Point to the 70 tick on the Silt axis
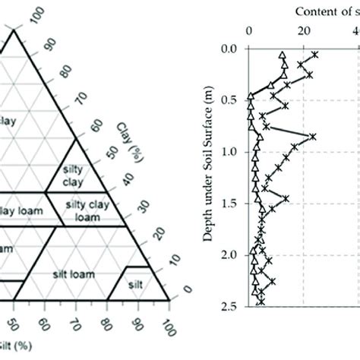[x=74, y=327]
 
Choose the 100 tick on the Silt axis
[x=167, y=327]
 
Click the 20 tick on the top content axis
[x=304, y=32]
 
